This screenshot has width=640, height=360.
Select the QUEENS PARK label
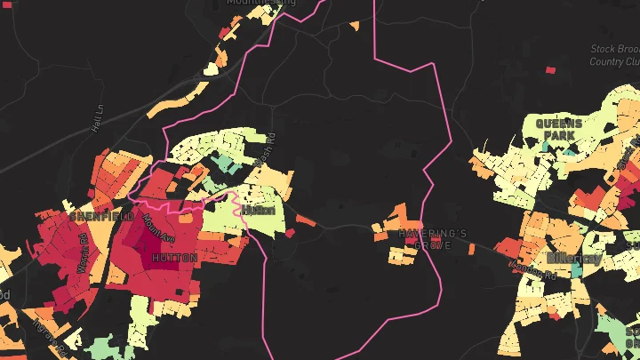pos(558,130)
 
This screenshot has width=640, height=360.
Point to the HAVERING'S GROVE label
pos(433,238)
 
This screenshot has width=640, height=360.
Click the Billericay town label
pos(573,258)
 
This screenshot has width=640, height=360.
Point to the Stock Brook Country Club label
pos(614,55)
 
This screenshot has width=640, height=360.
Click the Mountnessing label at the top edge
pos(260,3)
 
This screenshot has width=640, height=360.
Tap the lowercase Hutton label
pos(259,211)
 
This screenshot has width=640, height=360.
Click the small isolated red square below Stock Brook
pos(550,69)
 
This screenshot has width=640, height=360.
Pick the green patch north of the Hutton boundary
pos(224,164)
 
